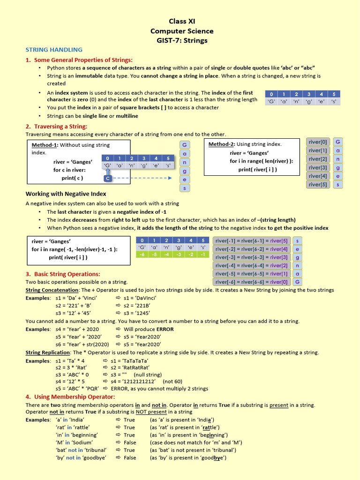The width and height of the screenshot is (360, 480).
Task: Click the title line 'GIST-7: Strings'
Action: coord(182,40)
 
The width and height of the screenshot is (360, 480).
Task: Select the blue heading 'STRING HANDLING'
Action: coord(54,50)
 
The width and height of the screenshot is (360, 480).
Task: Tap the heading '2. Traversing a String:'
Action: coord(56,126)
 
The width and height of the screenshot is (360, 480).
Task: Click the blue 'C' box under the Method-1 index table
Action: coord(108,179)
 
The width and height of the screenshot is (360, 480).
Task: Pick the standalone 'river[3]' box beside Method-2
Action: coord(318,167)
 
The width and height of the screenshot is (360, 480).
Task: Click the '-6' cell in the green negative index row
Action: coord(142,255)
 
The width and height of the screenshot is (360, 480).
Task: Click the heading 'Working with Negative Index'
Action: coord(66,194)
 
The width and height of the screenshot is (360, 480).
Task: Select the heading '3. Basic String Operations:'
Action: coord(62,274)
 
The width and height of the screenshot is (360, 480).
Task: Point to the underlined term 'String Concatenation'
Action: coord(48,290)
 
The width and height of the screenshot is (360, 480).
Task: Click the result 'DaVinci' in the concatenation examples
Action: coord(140,298)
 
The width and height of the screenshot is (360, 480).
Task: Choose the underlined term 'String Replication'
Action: coord(47,352)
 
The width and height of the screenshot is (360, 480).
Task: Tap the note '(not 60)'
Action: coord(172,381)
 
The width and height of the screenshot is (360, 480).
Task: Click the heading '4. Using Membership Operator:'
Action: coord(70,397)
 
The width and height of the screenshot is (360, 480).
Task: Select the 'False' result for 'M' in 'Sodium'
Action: coord(130,442)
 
